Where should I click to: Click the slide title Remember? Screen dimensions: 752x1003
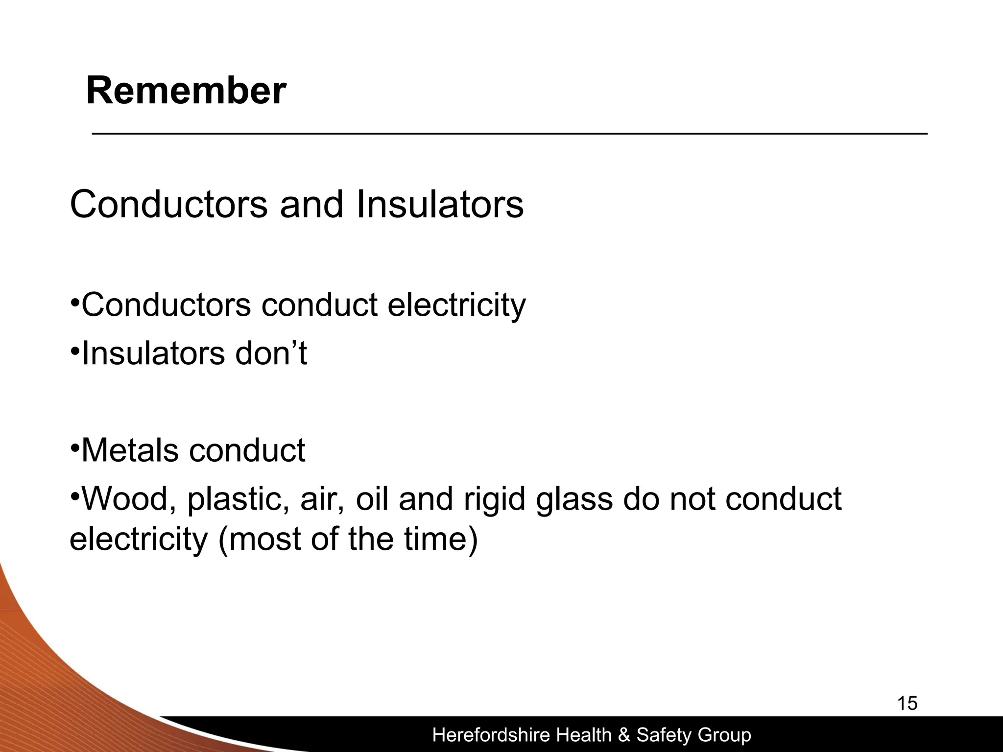pos(186,91)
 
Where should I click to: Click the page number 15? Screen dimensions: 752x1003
pos(907,704)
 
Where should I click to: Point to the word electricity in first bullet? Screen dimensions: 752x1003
pos(456,305)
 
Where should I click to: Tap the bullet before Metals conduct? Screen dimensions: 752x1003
pos(74,447)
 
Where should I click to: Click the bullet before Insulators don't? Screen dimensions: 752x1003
pos(74,351)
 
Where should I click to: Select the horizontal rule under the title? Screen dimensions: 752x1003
pos(509,134)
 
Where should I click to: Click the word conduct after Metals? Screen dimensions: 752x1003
pos(247,450)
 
